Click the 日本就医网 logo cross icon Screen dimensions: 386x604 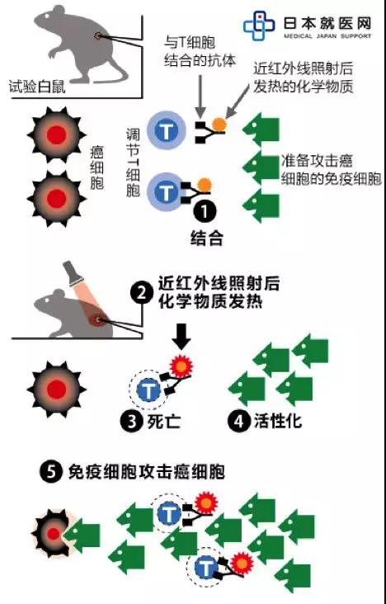coord(259,26)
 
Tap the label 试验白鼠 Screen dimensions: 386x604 coord(36,87)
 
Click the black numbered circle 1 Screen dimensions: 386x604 coord(205,211)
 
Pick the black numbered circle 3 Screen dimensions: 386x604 coord(131,422)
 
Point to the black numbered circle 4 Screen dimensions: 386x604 coord(238,421)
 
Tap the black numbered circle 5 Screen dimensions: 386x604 coord(50,472)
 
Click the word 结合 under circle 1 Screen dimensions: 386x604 coord(206,238)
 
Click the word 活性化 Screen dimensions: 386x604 coord(278,422)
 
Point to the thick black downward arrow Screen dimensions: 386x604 coord(181,337)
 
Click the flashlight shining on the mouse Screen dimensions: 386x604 coord(71,273)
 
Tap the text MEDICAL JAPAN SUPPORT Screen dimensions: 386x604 coord(327,35)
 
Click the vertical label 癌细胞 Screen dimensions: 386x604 coord(96,168)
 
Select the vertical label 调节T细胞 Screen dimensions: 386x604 coord(133,163)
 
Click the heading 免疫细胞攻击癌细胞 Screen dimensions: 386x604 coord(146,472)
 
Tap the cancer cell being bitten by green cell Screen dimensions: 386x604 coord(52,534)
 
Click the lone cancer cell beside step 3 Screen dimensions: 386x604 coord(57,389)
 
